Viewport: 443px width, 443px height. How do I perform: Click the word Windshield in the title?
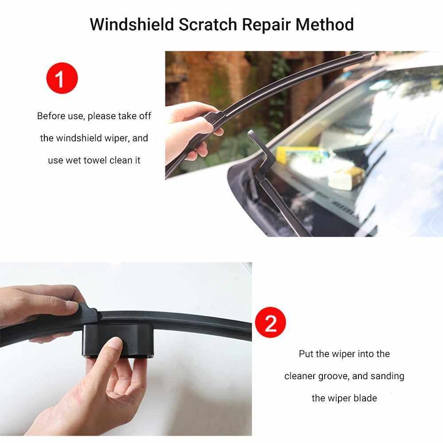point(132,24)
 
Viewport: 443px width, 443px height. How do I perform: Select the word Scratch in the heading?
point(208,24)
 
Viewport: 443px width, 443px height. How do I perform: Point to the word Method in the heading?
point(325,24)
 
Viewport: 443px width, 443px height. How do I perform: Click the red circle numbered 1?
point(62,78)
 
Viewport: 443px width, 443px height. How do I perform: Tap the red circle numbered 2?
point(270,323)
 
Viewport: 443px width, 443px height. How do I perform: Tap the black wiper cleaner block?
point(118,340)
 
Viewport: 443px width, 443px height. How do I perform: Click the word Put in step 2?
point(306,354)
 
